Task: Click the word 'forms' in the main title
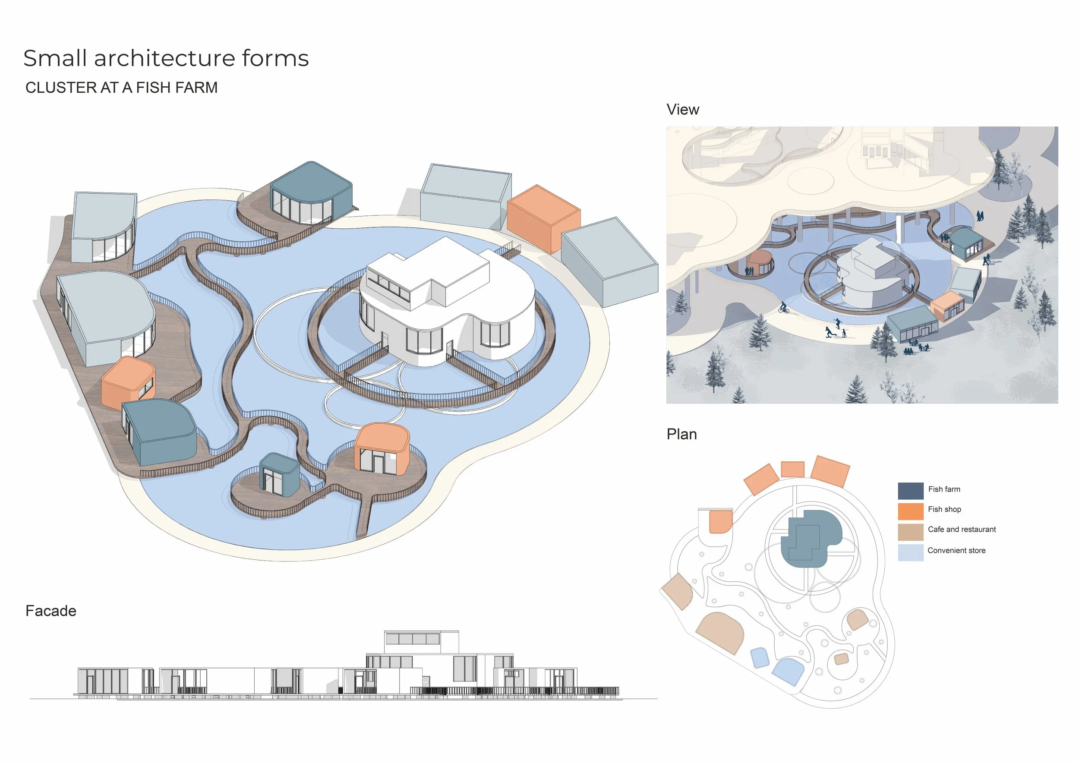pyautogui.click(x=275, y=58)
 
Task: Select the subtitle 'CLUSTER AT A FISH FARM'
pyautogui.click(x=122, y=88)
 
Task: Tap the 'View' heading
pyautogui.click(x=683, y=110)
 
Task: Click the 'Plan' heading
pyautogui.click(x=681, y=435)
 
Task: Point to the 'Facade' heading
pyautogui.click(x=51, y=611)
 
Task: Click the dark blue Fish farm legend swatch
pyautogui.click(x=910, y=491)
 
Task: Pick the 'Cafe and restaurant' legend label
pyautogui.click(x=962, y=530)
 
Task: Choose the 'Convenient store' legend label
pyautogui.click(x=956, y=551)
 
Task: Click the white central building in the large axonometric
pyautogui.click(x=446, y=301)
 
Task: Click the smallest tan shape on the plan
pyautogui.click(x=841, y=659)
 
